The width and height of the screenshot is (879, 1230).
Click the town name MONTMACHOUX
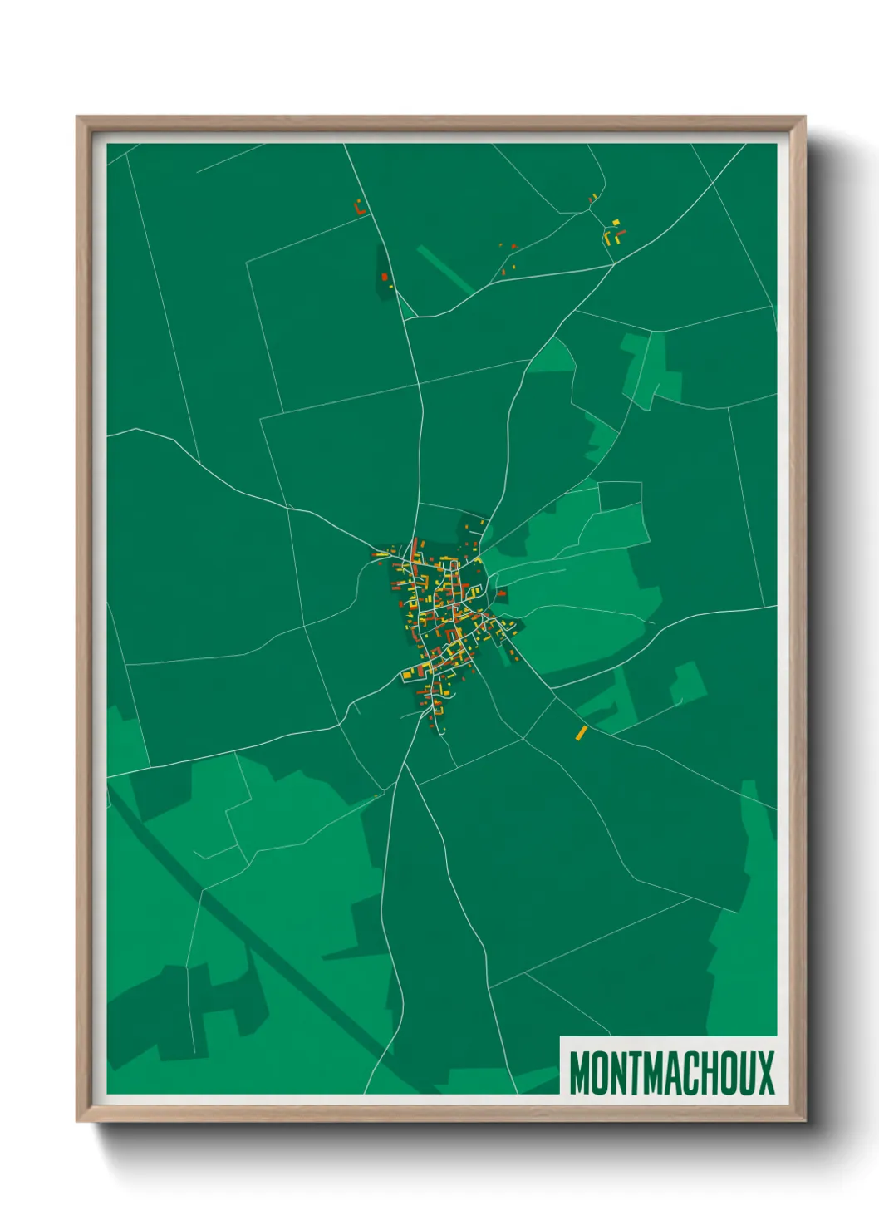click(x=671, y=1073)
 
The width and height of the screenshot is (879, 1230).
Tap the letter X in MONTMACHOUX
click(x=765, y=1073)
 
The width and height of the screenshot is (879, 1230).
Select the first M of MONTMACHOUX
click(x=581, y=1073)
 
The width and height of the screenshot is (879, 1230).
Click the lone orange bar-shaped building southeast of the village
click(x=581, y=733)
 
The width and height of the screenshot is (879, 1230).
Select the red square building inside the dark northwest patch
click(x=385, y=277)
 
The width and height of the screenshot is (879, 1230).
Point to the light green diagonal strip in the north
click(x=444, y=268)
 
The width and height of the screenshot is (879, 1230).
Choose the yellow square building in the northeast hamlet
click(x=616, y=222)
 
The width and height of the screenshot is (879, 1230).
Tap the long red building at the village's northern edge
click(x=415, y=549)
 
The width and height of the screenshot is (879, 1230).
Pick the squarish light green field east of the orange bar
click(x=687, y=683)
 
